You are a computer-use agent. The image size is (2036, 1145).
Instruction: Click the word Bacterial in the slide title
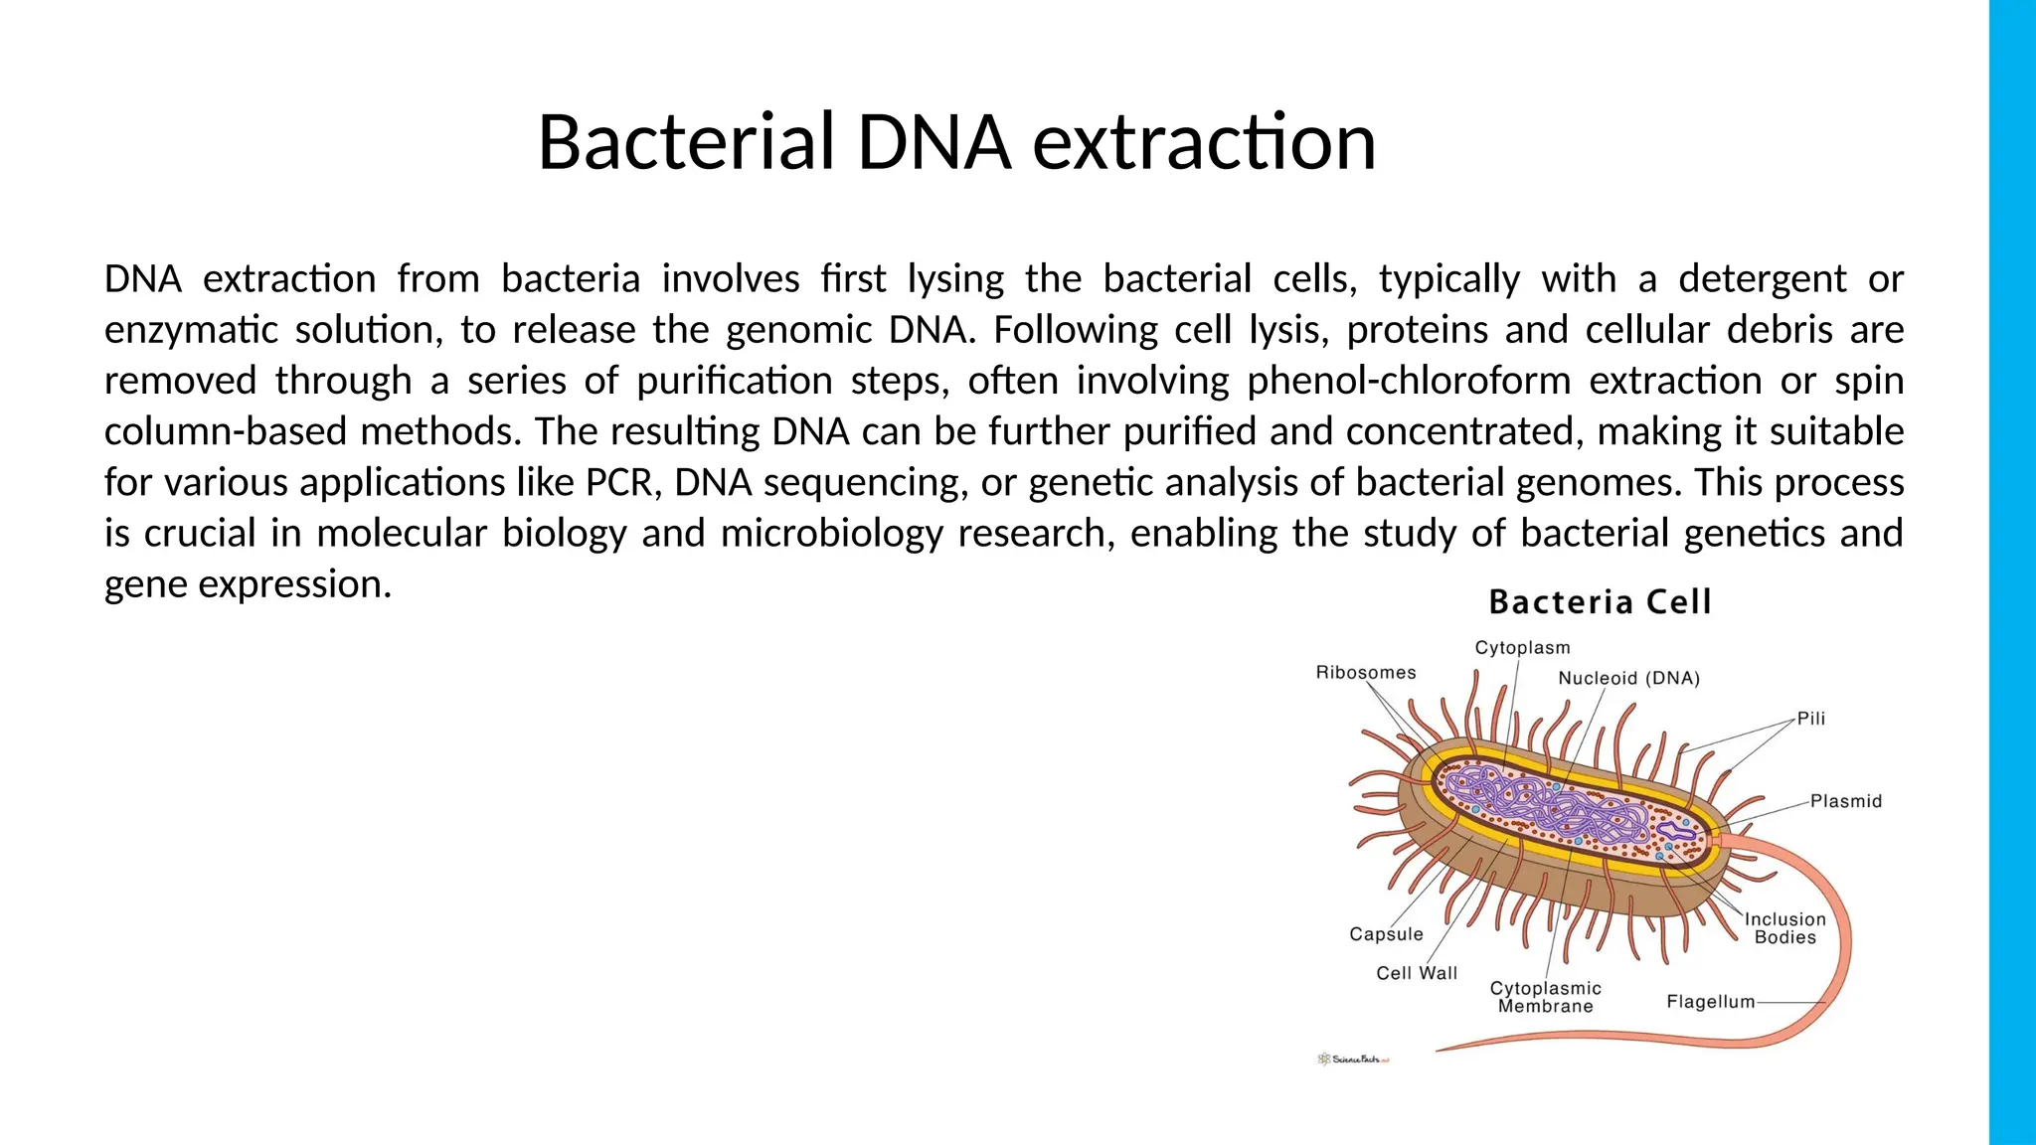[685, 142]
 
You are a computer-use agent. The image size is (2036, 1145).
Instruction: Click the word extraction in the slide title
[1204, 142]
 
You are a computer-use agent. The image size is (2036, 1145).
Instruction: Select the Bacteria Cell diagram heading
[1600, 602]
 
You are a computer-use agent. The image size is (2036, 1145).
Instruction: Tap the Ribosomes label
[1365, 673]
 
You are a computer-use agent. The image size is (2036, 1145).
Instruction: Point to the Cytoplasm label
[1522, 648]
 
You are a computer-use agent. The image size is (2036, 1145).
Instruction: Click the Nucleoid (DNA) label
[1628, 679]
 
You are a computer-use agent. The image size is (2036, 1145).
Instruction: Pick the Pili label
[1810, 719]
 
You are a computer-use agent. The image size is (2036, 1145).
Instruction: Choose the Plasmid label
[1845, 801]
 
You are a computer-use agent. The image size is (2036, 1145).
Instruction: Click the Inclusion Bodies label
[1784, 928]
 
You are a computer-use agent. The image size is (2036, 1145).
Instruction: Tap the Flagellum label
[1710, 1002]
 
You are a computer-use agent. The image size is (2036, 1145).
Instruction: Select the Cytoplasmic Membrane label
[1545, 997]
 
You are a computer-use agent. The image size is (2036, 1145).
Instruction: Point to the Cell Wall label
[1416, 974]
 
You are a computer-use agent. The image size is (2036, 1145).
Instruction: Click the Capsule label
[1386, 934]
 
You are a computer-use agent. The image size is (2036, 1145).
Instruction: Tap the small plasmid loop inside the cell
[1675, 830]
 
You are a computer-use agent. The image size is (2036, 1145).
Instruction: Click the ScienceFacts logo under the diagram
[1353, 1060]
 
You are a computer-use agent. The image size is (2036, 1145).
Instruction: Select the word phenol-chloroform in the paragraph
[1409, 381]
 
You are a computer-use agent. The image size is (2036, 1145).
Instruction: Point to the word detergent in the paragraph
[1762, 279]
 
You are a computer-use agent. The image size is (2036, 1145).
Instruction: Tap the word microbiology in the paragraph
[831, 534]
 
